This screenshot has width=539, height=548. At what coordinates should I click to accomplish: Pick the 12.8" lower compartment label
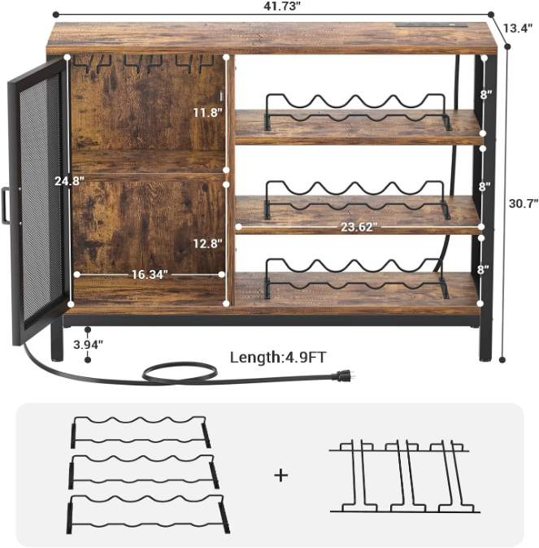tap(209, 242)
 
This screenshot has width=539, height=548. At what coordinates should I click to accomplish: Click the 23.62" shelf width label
tap(358, 228)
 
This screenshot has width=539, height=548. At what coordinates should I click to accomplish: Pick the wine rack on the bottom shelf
tap(356, 277)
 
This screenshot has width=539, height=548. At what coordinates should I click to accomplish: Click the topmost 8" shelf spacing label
tap(485, 94)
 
